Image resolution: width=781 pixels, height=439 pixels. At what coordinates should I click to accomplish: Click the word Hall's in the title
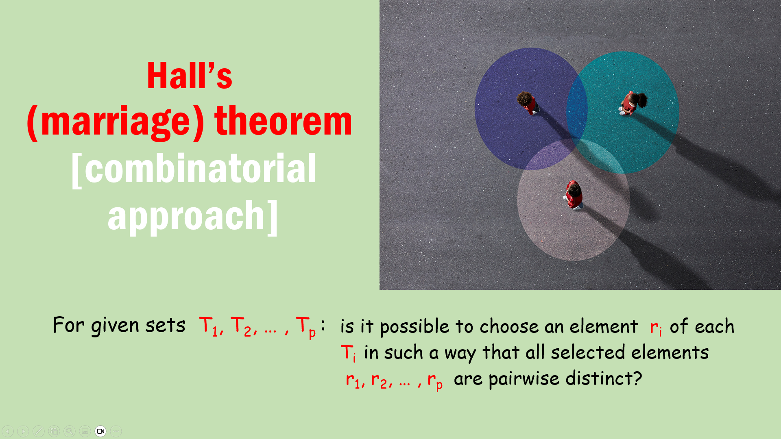pyautogui.click(x=190, y=76)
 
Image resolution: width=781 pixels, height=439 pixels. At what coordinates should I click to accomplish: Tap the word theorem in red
pyautogui.click(x=283, y=121)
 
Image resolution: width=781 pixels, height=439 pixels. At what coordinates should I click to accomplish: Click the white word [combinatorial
pyautogui.click(x=194, y=170)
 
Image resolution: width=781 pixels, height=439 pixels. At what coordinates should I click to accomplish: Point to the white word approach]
pyautogui.click(x=193, y=216)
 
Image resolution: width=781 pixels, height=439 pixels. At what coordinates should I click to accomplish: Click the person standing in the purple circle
pyautogui.click(x=528, y=103)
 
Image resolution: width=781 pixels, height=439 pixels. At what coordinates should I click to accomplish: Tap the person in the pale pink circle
pyautogui.click(x=574, y=195)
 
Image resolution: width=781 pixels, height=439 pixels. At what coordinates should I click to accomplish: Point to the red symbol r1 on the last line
pyautogui.click(x=353, y=380)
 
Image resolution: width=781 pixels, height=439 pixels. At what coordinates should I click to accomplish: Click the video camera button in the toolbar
pyautogui.click(x=100, y=431)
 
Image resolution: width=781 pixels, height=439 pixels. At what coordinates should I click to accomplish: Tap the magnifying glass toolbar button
pyautogui.click(x=70, y=431)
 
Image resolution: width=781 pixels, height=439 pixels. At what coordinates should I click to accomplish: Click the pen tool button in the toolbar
pyautogui.click(x=39, y=431)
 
